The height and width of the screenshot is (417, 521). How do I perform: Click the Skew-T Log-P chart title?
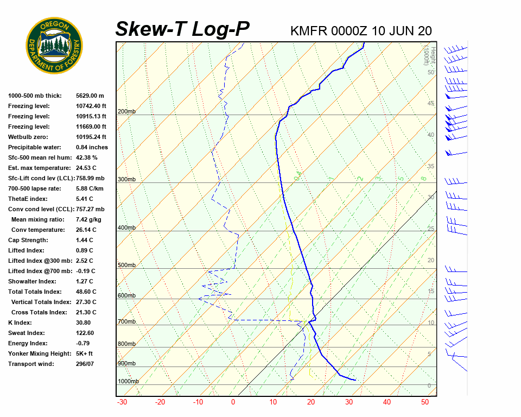pyautogui.click(x=182, y=29)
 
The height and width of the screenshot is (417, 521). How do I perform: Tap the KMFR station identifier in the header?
pyautogui.click(x=309, y=30)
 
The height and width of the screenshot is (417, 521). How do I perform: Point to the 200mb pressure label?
pyautogui.click(x=126, y=112)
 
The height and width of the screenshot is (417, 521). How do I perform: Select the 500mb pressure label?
pyautogui.click(x=126, y=266)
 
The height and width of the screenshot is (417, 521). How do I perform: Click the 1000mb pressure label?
pyautogui.click(x=128, y=382)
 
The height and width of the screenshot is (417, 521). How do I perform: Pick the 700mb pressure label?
pyautogui.click(x=126, y=322)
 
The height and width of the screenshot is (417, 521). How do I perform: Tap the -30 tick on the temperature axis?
pyautogui.click(x=122, y=402)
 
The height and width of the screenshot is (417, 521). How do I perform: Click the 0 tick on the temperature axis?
pyautogui.click(x=233, y=402)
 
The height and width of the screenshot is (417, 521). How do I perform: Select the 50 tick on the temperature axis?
pyautogui.click(x=425, y=402)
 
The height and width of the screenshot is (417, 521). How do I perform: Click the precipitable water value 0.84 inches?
pyautogui.click(x=92, y=147)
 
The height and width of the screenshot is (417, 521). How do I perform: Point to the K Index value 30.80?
pyautogui.click(x=85, y=323)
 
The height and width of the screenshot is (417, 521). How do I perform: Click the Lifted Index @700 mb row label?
pyautogui.click(x=40, y=271)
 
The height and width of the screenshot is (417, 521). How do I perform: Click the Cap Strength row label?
pyautogui.click(x=28, y=240)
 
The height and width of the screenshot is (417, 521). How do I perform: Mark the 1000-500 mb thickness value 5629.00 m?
pyautogui.click(x=90, y=96)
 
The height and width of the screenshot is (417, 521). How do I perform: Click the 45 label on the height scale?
pyautogui.click(x=431, y=104)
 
